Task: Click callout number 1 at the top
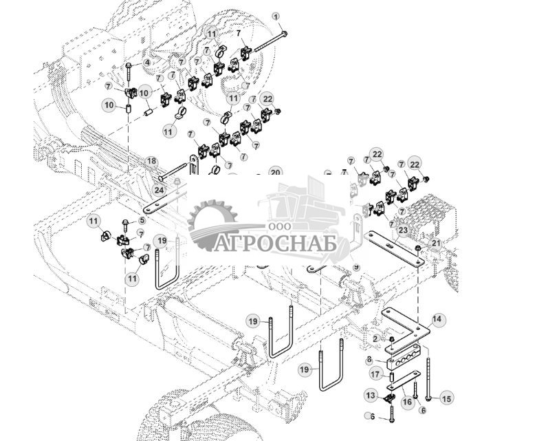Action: tap(276, 16)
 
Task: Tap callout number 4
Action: tap(146, 63)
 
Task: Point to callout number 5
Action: tap(142, 220)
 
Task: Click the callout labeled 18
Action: tap(151, 161)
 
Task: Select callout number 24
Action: tap(159, 189)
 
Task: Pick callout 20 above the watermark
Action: tap(275, 172)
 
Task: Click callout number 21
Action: tap(436, 243)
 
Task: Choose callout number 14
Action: tap(438, 319)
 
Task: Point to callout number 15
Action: tap(447, 398)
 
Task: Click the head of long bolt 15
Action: tap(428, 397)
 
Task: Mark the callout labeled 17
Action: tap(375, 374)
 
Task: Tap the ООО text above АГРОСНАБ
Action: tap(278, 227)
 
